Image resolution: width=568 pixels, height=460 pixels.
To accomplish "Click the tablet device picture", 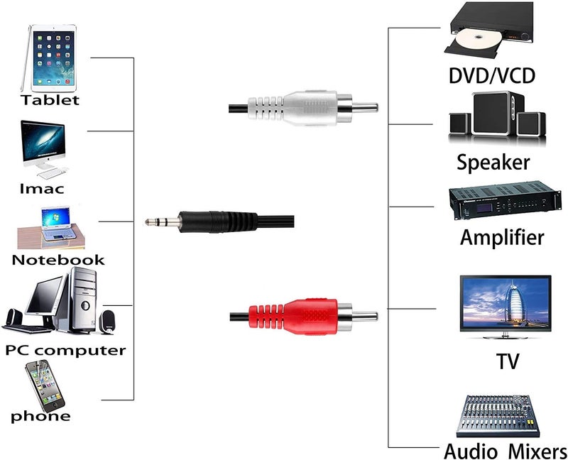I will click(x=49, y=57).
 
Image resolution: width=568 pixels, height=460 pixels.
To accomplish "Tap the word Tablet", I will click(x=50, y=99).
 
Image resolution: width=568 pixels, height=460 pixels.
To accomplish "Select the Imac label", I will click(x=41, y=189).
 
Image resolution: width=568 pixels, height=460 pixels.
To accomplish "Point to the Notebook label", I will click(x=58, y=260).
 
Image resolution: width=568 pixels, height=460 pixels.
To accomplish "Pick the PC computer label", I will click(x=65, y=350).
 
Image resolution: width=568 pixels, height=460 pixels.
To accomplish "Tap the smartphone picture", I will click(x=43, y=385).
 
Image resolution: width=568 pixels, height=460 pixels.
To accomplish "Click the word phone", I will click(x=40, y=416).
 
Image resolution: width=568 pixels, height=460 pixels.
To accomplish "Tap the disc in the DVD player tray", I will click(x=471, y=38).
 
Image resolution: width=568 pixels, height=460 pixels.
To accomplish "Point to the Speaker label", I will click(x=493, y=162).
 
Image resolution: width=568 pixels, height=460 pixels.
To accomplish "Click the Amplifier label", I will click(x=502, y=237).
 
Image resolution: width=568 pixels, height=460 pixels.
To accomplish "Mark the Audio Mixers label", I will click(x=505, y=451).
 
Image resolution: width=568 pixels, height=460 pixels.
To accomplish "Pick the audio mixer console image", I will click(x=496, y=415).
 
